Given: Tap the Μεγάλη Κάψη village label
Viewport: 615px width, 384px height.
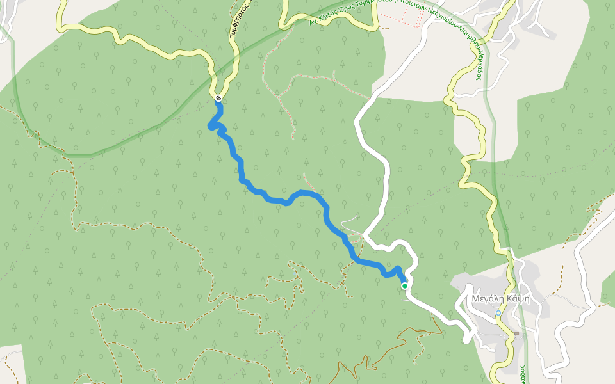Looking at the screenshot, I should (500, 298).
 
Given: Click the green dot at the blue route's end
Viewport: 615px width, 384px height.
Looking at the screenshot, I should (405, 286).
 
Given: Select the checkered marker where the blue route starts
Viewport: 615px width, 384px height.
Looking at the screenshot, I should (218, 98).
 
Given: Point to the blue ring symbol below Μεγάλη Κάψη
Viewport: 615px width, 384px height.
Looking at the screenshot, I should (498, 313).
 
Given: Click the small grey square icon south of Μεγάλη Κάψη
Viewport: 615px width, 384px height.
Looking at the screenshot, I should (516, 333).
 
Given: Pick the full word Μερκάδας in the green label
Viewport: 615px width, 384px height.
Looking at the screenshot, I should (477, 63).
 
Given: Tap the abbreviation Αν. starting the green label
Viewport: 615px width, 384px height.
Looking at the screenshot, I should (313, 22).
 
